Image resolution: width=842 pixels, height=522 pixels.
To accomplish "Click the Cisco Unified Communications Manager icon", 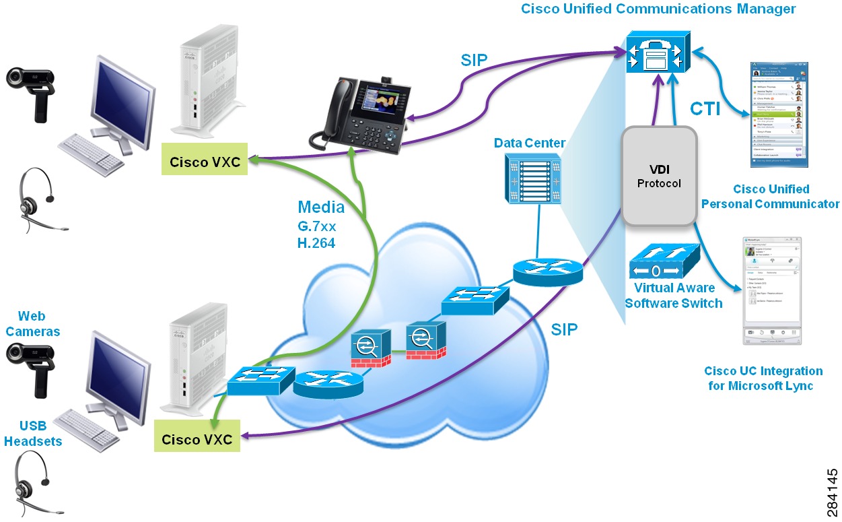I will click(656, 53).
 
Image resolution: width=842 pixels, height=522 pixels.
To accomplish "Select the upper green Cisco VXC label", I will click(205, 162).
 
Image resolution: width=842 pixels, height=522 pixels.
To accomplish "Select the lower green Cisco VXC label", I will click(197, 439).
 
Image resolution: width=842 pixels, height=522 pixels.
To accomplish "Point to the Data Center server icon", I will click(532, 178).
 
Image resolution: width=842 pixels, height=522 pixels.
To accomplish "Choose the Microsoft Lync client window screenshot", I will click(771, 291).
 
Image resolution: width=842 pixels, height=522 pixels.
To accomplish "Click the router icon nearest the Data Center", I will click(547, 270).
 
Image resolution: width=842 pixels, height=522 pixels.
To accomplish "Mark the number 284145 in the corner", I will click(832, 491).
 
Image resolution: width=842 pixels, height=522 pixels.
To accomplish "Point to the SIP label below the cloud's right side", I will click(565, 329).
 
